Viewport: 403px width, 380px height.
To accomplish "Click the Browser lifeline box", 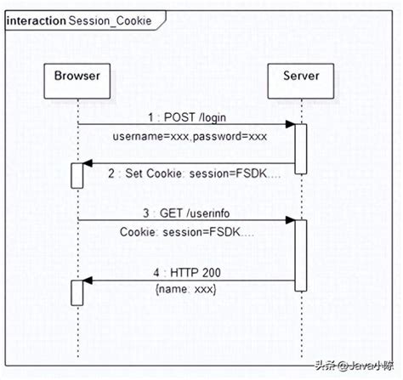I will point(77,77).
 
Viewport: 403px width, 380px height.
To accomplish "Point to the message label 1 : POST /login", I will point(186,117).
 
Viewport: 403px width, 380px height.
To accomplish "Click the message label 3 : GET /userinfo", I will point(186,212).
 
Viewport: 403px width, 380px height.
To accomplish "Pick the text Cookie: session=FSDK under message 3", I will point(186,230).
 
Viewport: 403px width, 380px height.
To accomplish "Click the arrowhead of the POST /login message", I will point(290,126).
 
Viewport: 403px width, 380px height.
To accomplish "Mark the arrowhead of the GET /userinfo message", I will point(290,220).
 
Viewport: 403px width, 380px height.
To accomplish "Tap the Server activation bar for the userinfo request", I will point(300,252).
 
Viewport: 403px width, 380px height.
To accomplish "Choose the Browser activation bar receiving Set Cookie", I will point(77,176).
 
